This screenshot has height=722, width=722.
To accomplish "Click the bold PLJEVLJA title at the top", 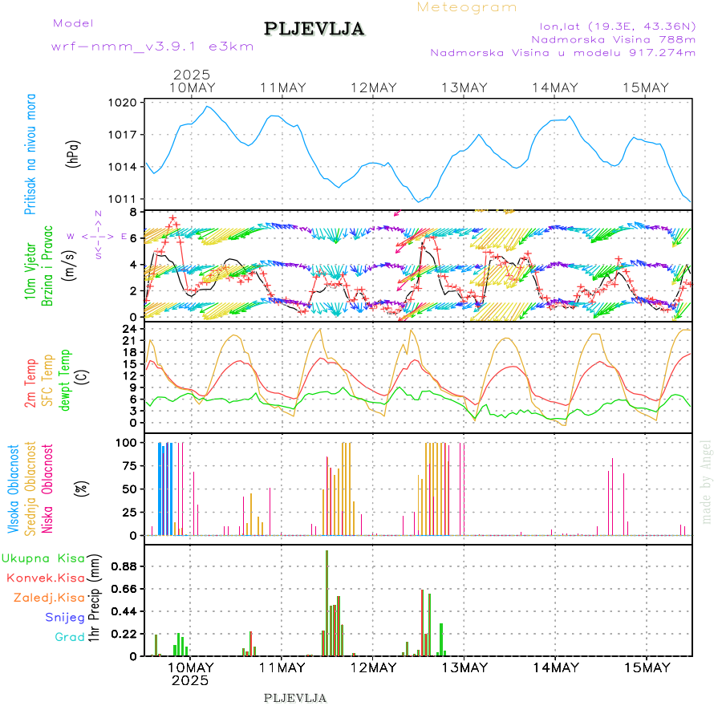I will [314, 30].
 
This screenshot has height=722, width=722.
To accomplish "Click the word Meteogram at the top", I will [467, 7].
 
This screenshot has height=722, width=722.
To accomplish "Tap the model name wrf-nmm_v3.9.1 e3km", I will [152, 47].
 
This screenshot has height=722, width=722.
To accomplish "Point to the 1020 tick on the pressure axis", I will [124, 103].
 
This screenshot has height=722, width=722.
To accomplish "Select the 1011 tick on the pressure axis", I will [124, 199].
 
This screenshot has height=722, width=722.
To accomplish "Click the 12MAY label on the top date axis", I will [374, 87].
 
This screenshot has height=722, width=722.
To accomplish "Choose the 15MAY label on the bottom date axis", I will [647, 667].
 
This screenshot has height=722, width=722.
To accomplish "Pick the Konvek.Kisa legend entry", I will [46, 578].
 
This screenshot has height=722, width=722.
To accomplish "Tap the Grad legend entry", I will [70, 637].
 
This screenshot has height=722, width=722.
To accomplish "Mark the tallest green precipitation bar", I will [327, 602].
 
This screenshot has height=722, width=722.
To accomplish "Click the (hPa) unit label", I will [73, 153].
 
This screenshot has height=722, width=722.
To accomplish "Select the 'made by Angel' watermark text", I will [707, 481].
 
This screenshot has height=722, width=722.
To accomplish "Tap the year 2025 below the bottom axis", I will [190, 680].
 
